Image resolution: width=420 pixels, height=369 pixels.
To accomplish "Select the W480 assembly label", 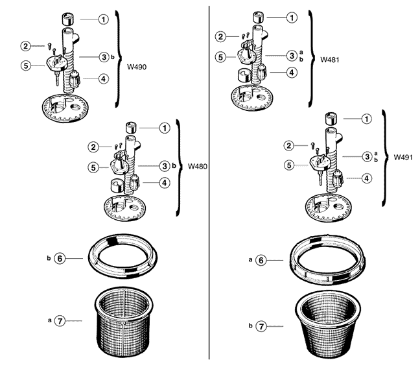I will [198, 166].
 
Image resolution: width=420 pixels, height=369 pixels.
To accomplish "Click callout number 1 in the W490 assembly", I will [104, 19].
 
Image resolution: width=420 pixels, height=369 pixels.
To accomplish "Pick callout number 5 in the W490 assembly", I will [25, 65].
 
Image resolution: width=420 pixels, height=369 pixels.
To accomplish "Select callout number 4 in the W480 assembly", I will [165, 183].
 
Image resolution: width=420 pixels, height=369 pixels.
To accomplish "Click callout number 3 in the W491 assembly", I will [367, 156].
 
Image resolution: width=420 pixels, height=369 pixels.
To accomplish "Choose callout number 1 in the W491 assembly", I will [367, 119].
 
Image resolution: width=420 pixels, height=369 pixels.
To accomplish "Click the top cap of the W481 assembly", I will [257, 16].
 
